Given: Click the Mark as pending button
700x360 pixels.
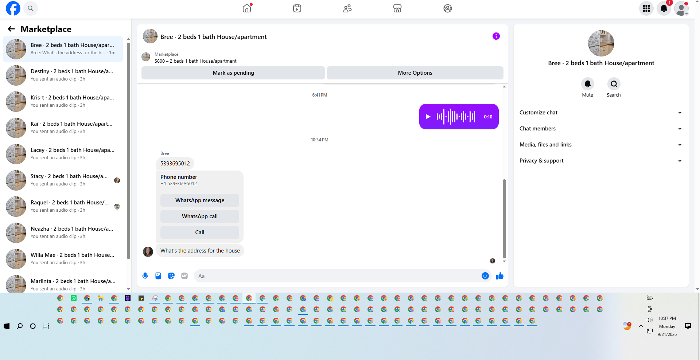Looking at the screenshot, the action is click(233, 73).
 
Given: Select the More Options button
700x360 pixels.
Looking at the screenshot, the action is click(415, 73).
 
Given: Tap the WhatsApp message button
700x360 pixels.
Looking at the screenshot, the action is click(200, 200).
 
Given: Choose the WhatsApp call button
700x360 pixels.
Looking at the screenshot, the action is click(200, 216).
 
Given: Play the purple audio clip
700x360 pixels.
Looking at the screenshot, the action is click(428, 117).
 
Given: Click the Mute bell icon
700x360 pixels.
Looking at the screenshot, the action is click(588, 84).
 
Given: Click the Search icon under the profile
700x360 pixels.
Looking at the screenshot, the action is click(614, 84).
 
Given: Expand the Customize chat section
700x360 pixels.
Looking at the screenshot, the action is click(601, 113).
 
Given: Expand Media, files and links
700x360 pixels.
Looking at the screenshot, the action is click(601, 145).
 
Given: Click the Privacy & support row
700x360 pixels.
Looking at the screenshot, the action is click(601, 161).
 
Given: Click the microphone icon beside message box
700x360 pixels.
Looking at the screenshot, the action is click(145, 276).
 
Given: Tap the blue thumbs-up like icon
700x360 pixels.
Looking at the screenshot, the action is click(500, 276).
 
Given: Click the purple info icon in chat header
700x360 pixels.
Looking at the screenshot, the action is click(496, 36).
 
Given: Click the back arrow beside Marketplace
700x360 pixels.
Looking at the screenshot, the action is click(12, 29).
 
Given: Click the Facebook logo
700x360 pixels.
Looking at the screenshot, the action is click(13, 8).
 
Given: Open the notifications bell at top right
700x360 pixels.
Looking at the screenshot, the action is click(664, 8).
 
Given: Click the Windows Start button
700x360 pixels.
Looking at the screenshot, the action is click(7, 326).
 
